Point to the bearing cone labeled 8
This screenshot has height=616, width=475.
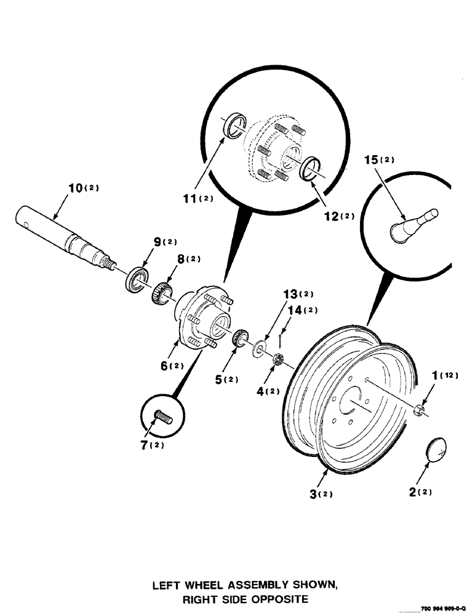point(161,291)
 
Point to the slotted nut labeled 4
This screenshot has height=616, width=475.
point(277,360)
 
